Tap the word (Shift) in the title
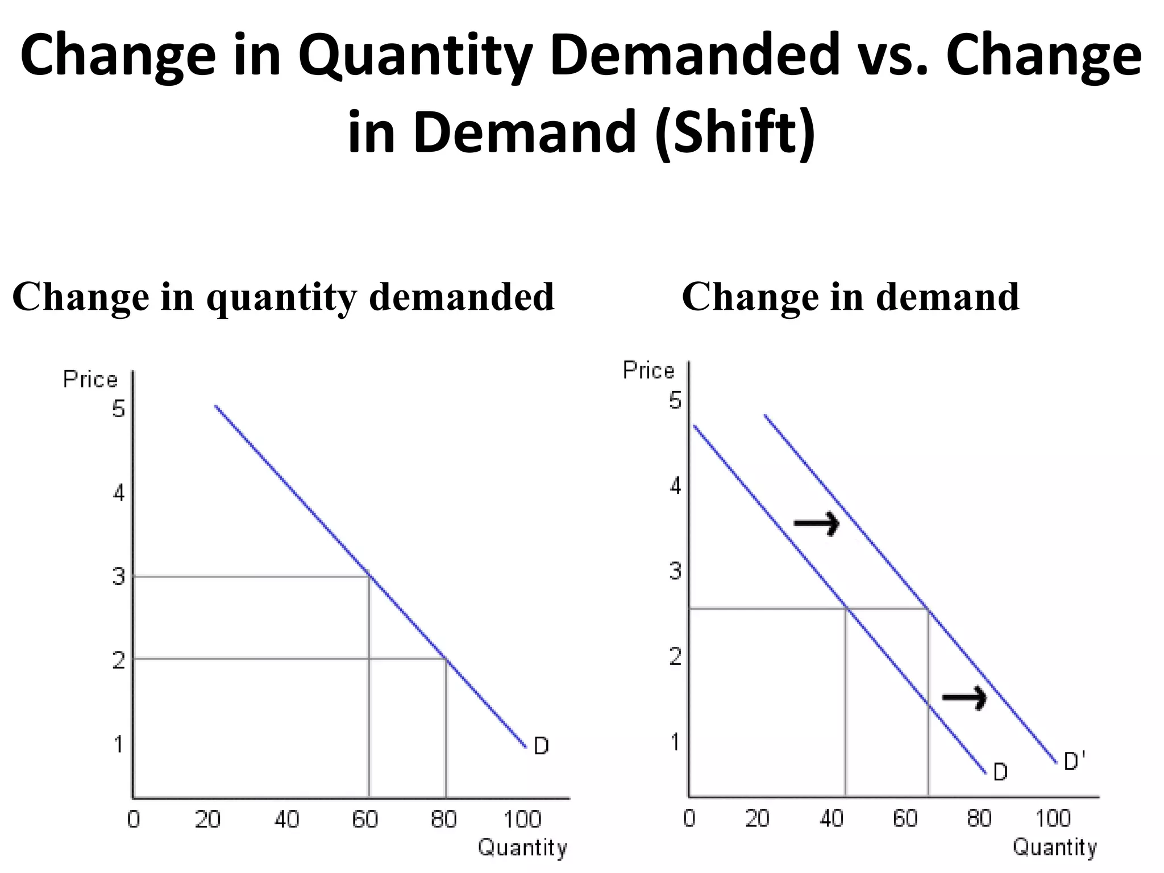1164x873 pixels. tap(734, 132)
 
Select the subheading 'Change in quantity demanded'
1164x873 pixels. tap(283, 297)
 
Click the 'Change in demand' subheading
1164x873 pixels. tap(850, 297)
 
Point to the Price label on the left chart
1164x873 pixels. tap(90, 379)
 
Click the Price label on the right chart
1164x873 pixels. tap(648, 371)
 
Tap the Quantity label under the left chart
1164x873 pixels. tap(522, 847)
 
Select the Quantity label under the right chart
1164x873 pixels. tap(1054, 847)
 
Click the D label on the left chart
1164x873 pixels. tap(541, 746)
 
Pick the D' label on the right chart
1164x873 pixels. tap(1074, 761)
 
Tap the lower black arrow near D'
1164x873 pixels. tap(965, 697)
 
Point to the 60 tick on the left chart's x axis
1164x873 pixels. tap(365, 819)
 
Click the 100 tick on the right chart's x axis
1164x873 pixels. tap(1053, 818)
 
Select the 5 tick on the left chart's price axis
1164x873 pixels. tap(118, 409)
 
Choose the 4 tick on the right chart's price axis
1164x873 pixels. tap(675, 487)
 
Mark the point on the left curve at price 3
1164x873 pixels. tap(369, 577)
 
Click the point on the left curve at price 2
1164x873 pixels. tap(446, 659)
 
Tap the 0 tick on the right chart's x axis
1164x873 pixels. tap(689, 818)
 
